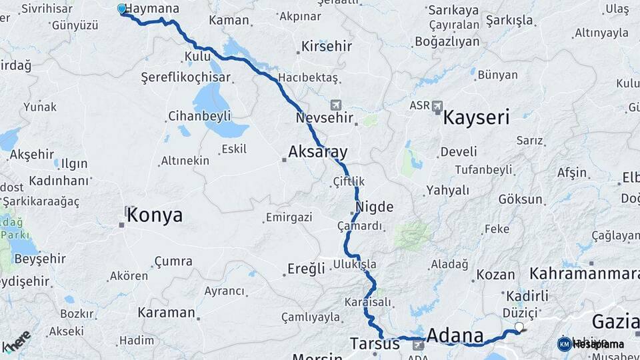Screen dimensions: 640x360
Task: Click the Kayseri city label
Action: click(476, 119)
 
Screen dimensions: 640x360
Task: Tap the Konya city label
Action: click(154, 215)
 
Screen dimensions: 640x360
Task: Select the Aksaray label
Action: click(318, 152)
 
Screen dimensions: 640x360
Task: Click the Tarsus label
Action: click(375, 344)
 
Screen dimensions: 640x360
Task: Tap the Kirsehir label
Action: click(327, 47)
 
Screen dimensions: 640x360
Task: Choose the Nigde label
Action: click(375, 207)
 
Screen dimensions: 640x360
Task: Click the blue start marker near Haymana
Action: click(121, 9)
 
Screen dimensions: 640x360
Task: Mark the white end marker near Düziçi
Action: click(519, 327)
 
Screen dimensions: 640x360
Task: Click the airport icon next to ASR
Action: click(437, 106)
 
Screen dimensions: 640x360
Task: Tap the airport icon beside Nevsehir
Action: click(335, 105)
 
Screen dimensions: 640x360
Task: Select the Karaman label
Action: click(166, 312)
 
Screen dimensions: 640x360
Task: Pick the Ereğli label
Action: click(306, 269)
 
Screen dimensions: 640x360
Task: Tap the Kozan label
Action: click(495, 275)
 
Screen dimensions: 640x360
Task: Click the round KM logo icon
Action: click(564, 344)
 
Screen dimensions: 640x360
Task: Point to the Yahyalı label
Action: click(448, 190)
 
